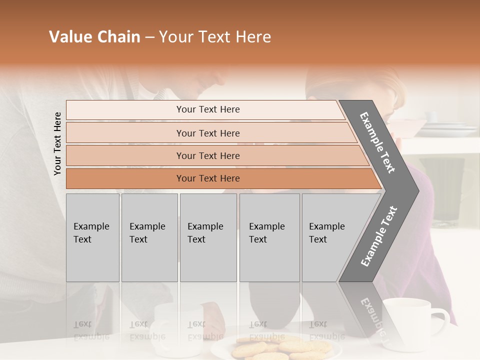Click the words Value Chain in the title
pyautogui.click(x=94, y=37)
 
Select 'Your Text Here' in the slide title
pyautogui.click(x=215, y=37)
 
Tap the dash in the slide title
pyautogui.click(x=149, y=37)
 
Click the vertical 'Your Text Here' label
pyautogui.click(x=58, y=143)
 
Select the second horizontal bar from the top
pyautogui.click(x=208, y=133)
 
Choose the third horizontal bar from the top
pyautogui.click(x=208, y=155)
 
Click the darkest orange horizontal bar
pyautogui.click(x=208, y=178)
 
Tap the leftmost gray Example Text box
pyautogui.click(x=92, y=237)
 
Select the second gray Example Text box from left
pyautogui.click(x=149, y=237)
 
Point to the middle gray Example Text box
pyautogui.click(x=208, y=237)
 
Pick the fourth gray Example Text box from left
pyautogui.click(x=269, y=237)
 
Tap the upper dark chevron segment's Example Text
pyautogui.click(x=378, y=142)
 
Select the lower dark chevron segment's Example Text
pyautogui.click(x=379, y=236)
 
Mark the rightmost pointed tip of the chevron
pyautogui.click(x=418, y=190)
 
